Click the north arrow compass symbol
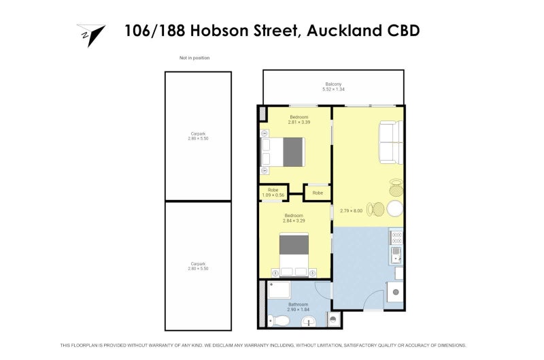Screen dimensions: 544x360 92,35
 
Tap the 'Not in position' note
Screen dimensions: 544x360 194,58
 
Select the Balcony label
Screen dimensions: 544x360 333,84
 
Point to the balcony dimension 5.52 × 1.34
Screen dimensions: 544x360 333,89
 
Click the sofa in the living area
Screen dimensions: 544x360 391,142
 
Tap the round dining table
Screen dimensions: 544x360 395,209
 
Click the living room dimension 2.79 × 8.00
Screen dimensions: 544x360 351,211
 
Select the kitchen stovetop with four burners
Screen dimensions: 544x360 396,238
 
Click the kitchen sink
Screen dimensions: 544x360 396,255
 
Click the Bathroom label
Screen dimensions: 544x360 298,304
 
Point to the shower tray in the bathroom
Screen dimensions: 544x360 279,290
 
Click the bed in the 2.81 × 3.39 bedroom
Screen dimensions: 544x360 283,152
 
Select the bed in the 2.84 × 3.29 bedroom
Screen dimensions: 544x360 294,255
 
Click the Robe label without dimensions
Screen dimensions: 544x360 318,193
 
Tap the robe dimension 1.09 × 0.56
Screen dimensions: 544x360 273,195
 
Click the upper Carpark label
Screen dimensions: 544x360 198,133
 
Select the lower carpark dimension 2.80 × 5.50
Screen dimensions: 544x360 198,269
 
